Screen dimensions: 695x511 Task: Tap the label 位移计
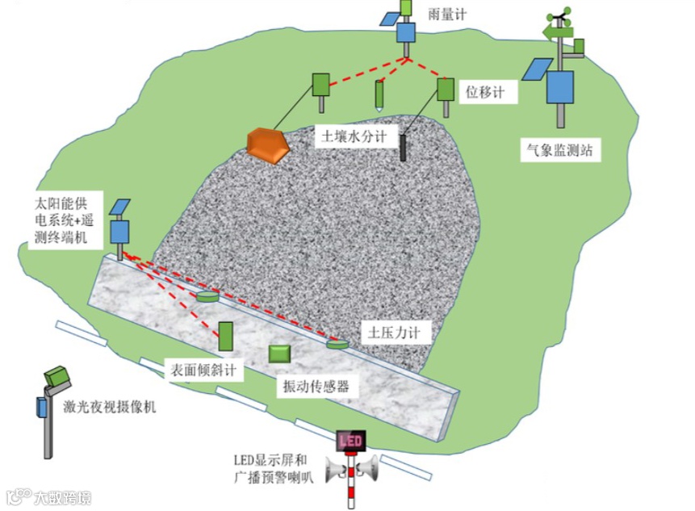(x=485, y=93)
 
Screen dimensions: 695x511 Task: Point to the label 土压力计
(x=395, y=333)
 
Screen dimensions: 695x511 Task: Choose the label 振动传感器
(x=315, y=386)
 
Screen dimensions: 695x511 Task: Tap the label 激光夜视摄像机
(x=109, y=406)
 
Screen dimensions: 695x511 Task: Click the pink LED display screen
(x=350, y=441)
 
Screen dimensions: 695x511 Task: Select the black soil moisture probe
(x=403, y=147)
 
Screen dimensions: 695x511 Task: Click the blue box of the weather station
(x=560, y=87)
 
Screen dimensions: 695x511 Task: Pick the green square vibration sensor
(x=280, y=354)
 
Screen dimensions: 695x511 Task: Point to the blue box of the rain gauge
(x=404, y=32)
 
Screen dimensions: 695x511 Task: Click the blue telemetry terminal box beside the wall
(x=120, y=232)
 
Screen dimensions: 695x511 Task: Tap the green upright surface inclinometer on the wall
(x=226, y=334)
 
